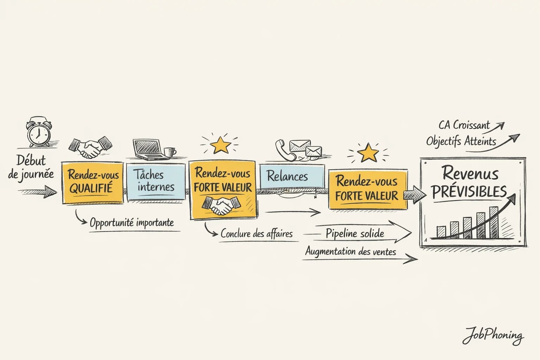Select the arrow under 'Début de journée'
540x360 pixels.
(37, 192)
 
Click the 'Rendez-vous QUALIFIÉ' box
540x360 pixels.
(92, 182)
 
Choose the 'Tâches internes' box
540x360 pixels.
(155, 181)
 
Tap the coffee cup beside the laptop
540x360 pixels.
(170, 152)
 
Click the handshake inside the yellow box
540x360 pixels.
(222, 206)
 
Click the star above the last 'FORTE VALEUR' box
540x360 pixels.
(368, 153)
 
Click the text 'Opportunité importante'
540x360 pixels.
(131, 223)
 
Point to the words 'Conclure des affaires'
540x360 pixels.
(256, 233)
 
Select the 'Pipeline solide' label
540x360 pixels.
(354, 233)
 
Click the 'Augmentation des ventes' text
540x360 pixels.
(350, 251)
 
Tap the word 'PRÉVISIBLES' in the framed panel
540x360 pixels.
(469, 192)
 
